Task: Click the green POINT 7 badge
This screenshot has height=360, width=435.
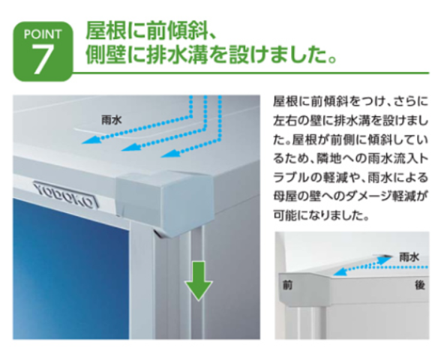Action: (x=43, y=52)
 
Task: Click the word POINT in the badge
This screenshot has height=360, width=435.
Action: (x=43, y=34)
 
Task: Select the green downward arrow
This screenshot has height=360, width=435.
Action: (x=198, y=281)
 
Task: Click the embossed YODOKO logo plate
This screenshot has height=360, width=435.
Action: (x=66, y=195)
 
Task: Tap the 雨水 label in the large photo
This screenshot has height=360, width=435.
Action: (x=112, y=120)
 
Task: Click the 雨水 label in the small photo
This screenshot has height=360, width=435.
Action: (x=409, y=257)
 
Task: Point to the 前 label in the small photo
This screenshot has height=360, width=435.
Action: (x=287, y=285)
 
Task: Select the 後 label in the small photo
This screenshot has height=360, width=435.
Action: (x=420, y=285)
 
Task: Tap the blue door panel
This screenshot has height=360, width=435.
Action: (x=70, y=269)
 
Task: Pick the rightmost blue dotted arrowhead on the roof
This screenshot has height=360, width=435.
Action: (x=169, y=154)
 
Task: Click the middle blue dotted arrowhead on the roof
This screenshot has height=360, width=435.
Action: (x=130, y=147)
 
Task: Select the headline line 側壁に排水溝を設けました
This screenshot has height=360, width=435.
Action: (x=211, y=55)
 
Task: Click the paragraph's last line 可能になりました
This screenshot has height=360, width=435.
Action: (x=322, y=214)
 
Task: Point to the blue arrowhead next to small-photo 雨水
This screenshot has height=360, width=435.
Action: (x=385, y=259)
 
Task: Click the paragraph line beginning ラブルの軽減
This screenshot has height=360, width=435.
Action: (x=351, y=177)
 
